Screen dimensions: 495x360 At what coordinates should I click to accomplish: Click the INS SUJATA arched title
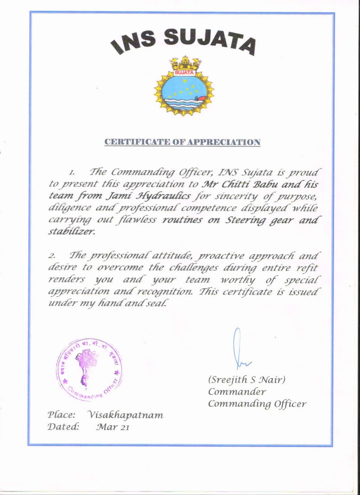coord(183,42)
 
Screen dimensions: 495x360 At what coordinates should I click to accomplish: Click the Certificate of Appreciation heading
coord(183,142)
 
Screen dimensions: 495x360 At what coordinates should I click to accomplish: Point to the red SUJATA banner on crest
coord(184,72)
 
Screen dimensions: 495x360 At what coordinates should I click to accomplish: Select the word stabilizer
coord(72,232)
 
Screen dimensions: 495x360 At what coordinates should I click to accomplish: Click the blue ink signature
coord(241,350)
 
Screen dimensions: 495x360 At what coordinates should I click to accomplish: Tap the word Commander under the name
coord(237,391)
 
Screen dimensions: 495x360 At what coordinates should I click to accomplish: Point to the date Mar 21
coord(112,427)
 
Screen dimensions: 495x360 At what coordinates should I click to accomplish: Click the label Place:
coord(61,415)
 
